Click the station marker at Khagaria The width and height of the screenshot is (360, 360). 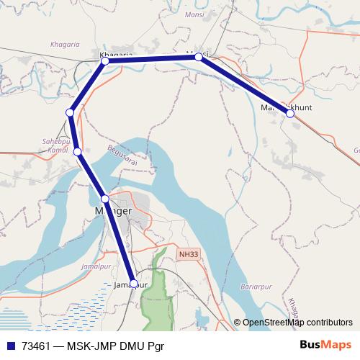(x=105, y=61)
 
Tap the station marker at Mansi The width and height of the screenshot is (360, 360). (x=199, y=57)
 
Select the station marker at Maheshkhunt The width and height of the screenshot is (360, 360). (x=290, y=114)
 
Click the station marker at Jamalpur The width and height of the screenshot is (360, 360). (x=134, y=284)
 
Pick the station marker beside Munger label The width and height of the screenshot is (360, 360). (x=105, y=199)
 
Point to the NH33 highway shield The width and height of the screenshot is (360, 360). (x=188, y=254)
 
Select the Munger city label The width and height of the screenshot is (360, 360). (x=113, y=211)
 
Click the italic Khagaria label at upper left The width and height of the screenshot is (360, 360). (x=65, y=45)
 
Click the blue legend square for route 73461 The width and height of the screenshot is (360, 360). (x=10, y=346)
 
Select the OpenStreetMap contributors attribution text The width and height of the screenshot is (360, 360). (x=297, y=323)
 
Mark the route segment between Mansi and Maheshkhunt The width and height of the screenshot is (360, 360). (x=245, y=86)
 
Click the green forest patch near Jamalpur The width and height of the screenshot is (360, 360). (x=152, y=295)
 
